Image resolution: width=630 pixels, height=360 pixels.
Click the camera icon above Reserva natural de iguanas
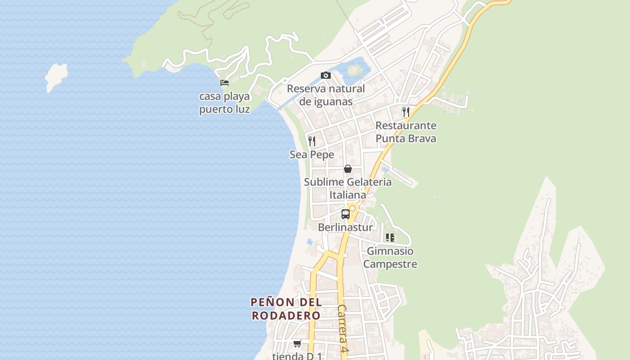point(325,75)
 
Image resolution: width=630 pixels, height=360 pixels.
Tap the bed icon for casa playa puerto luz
point(225,82)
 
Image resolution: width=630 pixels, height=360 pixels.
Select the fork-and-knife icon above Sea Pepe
point(311,141)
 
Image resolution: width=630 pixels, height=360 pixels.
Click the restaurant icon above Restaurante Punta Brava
point(406,112)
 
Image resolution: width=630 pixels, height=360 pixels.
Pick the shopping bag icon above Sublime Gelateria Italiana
point(347,169)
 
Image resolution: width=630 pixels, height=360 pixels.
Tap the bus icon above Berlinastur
point(345,214)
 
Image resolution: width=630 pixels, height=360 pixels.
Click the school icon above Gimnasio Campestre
point(390,237)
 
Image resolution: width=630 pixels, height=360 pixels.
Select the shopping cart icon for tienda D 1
point(297,344)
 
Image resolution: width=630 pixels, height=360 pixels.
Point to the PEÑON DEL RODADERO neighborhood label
point(286,309)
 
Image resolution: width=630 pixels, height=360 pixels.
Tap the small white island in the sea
point(56,76)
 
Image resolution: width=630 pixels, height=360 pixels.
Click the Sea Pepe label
point(312,155)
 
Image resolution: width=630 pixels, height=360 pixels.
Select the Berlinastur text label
point(345,227)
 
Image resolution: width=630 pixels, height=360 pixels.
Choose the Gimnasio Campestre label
point(390,257)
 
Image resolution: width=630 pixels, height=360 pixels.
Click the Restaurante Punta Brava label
point(406,132)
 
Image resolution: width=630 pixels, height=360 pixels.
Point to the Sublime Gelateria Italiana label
point(347,189)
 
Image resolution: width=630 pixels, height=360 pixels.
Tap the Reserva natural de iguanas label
point(326,95)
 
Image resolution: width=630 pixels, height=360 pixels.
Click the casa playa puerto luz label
point(225,103)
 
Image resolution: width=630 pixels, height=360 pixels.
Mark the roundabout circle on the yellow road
point(352,208)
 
